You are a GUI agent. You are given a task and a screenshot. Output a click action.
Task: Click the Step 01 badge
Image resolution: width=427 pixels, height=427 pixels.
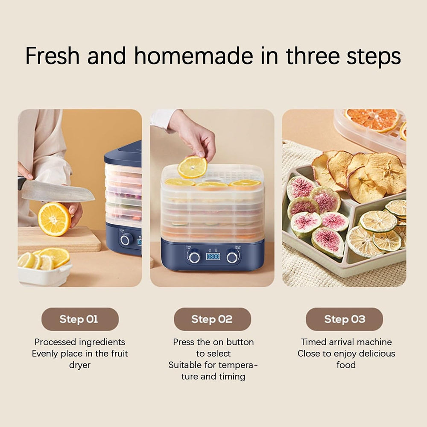tap(80, 319)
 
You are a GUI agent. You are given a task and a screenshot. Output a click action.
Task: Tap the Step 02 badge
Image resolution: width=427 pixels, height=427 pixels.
tap(212, 319)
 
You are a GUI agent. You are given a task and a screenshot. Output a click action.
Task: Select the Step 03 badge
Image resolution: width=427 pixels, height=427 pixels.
tap(344, 319)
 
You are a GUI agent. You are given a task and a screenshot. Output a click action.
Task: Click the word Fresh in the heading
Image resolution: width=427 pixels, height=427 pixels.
tap(53, 56)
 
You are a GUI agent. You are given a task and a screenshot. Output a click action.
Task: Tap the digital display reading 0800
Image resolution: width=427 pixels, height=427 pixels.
tap(213, 257)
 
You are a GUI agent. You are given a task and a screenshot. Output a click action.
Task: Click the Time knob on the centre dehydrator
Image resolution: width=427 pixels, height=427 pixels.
tap(194, 257)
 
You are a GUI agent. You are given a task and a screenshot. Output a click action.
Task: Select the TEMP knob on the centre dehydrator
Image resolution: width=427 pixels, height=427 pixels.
tap(232, 257)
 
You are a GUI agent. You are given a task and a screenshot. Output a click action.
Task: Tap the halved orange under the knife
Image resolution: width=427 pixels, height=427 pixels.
tap(54, 219)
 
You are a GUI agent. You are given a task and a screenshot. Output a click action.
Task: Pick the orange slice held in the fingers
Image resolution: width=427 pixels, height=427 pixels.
tap(192, 167)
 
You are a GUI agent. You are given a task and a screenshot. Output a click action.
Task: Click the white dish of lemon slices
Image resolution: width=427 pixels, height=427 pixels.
tap(45, 273)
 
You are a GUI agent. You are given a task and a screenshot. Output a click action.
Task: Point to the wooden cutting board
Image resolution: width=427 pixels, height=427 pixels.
tap(59, 240)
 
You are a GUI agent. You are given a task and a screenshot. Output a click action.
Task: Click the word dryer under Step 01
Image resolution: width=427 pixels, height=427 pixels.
tap(79, 365)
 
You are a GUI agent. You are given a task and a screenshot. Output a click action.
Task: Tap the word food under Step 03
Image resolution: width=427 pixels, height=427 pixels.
tap(346, 365)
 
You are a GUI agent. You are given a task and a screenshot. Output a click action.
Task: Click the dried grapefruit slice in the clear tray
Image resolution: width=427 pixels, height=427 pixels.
tap(372, 119)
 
